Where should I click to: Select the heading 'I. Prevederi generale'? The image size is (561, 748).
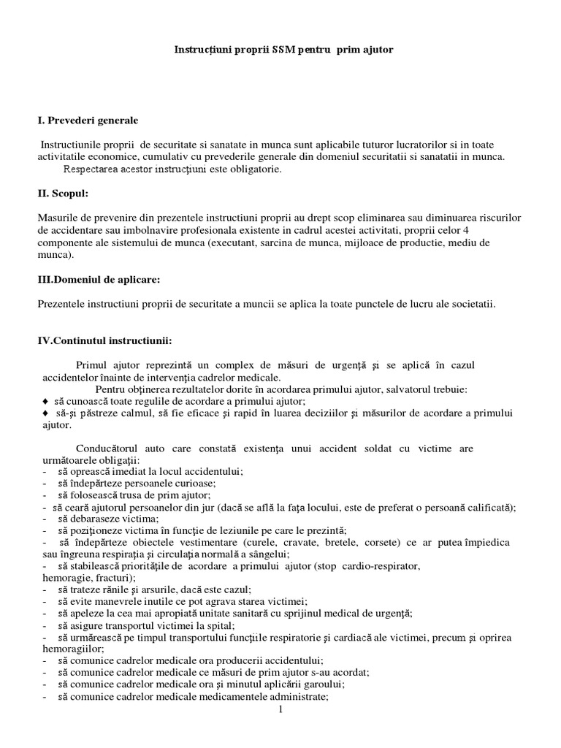[x=87, y=120]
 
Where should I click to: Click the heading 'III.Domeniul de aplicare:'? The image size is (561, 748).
[x=99, y=280]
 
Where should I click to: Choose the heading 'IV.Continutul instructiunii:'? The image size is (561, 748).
[x=105, y=340]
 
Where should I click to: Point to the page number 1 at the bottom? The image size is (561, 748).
[x=280, y=709]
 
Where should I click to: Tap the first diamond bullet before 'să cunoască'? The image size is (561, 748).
[x=45, y=402]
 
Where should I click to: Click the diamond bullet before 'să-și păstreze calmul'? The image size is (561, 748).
[x=45, y=413]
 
